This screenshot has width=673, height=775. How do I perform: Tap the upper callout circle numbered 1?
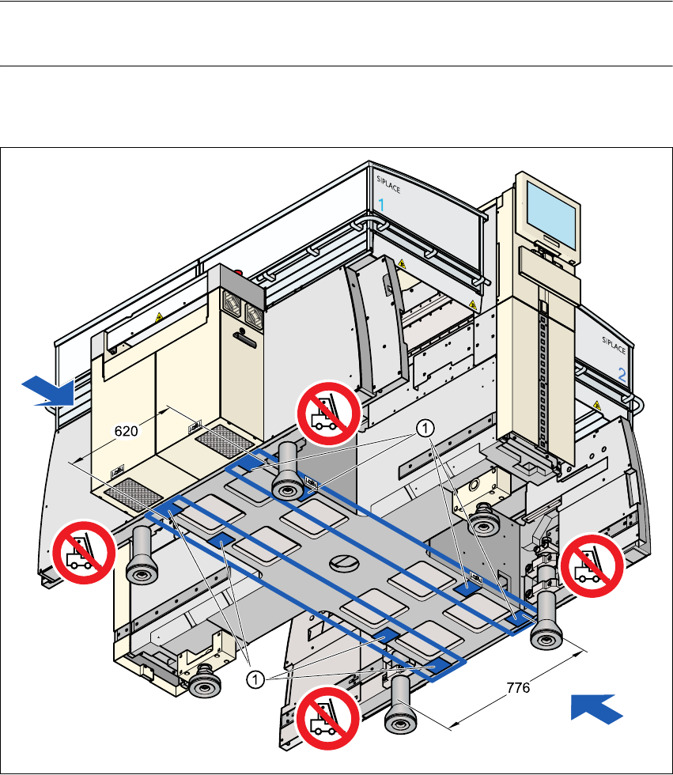pos(425,428)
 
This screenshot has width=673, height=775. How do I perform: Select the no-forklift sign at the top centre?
pos(328,412)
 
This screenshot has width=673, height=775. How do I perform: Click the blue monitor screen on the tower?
pos(554,211)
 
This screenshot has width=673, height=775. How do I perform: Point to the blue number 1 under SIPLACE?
pos(381,205)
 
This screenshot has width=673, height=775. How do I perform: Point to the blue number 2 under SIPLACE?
pos(622,376)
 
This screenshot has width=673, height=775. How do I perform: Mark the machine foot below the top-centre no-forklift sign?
pos(285,474)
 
